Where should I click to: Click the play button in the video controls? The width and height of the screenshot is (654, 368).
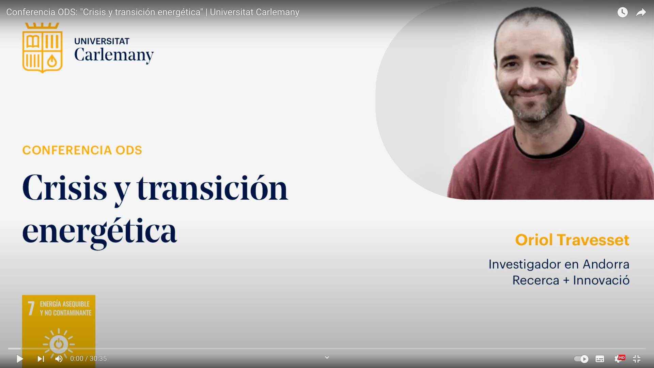click(x=20, y=359)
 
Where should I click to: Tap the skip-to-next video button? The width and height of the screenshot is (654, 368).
click(x=41, y=359)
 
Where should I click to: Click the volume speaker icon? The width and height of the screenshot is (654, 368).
click(x=59, y=359)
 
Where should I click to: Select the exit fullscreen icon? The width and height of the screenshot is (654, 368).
click(x=637, y=359)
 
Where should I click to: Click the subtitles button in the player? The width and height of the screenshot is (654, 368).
click(x=600, y=359)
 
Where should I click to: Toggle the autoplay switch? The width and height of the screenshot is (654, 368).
click(x=581, y=359)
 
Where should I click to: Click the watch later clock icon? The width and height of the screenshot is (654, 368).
click(x=623, y=12)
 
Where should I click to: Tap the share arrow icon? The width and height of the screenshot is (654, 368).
click(x=641, y=13)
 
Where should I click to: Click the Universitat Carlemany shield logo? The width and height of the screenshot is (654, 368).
click(x=42, y=48)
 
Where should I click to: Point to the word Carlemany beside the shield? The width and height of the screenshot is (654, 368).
click(x=114, y=55)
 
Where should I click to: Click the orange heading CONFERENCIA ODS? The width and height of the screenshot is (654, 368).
click(x=82, y=150)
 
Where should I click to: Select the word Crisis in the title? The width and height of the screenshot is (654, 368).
click(x=65, y=188)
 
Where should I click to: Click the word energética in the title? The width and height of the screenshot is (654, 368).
click(x=99, y=232)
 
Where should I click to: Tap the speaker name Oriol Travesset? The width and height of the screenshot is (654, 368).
click(x=572, y=240)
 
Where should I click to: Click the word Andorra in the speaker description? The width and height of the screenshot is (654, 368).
click(x=606, y=264)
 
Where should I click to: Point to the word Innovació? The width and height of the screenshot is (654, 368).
click(x=601, y=280)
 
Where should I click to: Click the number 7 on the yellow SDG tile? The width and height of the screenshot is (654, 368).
click(x=31, y=308)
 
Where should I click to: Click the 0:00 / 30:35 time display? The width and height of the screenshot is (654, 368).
click(x=89, y=359)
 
